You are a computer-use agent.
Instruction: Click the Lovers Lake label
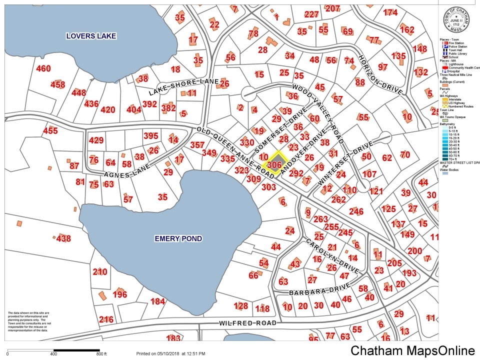92,36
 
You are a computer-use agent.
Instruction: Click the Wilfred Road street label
248,323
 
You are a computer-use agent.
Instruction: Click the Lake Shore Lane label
184,87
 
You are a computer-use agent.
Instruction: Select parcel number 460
43,68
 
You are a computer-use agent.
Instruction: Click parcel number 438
63,239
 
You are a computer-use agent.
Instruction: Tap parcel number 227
311,14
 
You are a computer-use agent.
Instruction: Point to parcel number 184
157,301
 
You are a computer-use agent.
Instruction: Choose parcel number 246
356,211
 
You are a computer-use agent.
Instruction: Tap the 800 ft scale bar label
101,354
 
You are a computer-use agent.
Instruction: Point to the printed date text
170,353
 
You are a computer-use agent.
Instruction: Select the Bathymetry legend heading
448,122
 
